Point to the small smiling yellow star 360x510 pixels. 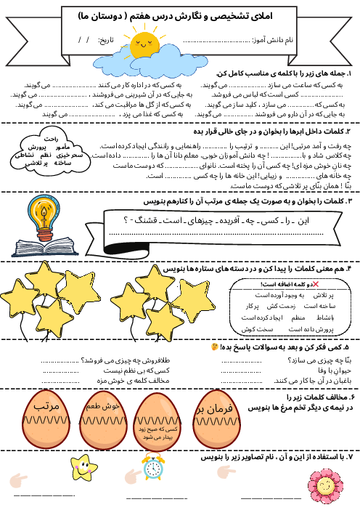tap(87, 464)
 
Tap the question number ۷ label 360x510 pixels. tap(349, 458)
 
